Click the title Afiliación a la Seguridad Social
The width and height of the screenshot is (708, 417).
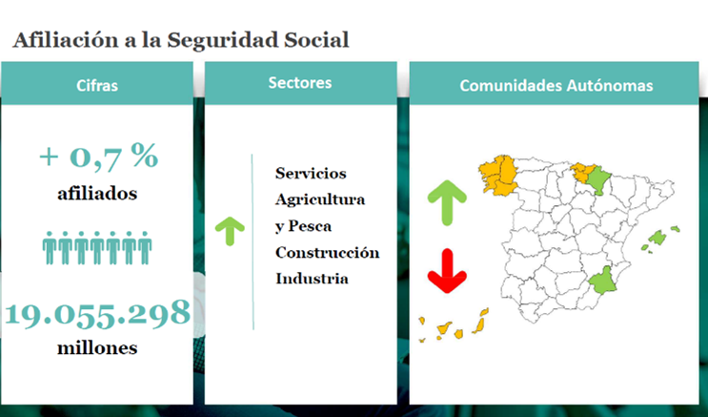click(x=181, y=40)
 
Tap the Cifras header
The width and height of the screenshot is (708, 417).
click(x=97, y=86)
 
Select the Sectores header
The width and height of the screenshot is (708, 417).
click(x=300, y=83)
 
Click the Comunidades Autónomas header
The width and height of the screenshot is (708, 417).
click(x=556, y=86)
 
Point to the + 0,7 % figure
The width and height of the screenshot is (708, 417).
click(x=99, y=156)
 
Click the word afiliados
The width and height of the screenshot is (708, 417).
click(x=97, y=194)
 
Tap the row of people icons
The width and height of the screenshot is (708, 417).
click(x=97, y=248)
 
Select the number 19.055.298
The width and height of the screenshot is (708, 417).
click(x=97, y=313)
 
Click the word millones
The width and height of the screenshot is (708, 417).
click(x=97, y=347)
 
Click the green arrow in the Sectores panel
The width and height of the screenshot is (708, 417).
click(x=230, y=231)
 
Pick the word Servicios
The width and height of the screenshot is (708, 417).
click(x=311, y=174)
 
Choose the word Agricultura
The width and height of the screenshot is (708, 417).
click(x=320, y=199)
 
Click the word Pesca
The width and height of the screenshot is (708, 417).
click(x=310, y=226)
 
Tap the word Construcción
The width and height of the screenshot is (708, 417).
click(x=328, y=252)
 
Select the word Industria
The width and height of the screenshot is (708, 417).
click(x=312, y=279)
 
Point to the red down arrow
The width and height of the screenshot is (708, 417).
click(x=447, y=271)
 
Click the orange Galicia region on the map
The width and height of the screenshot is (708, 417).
click(x=498, y=176)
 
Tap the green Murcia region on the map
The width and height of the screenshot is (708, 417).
click(x=600, y=281)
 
